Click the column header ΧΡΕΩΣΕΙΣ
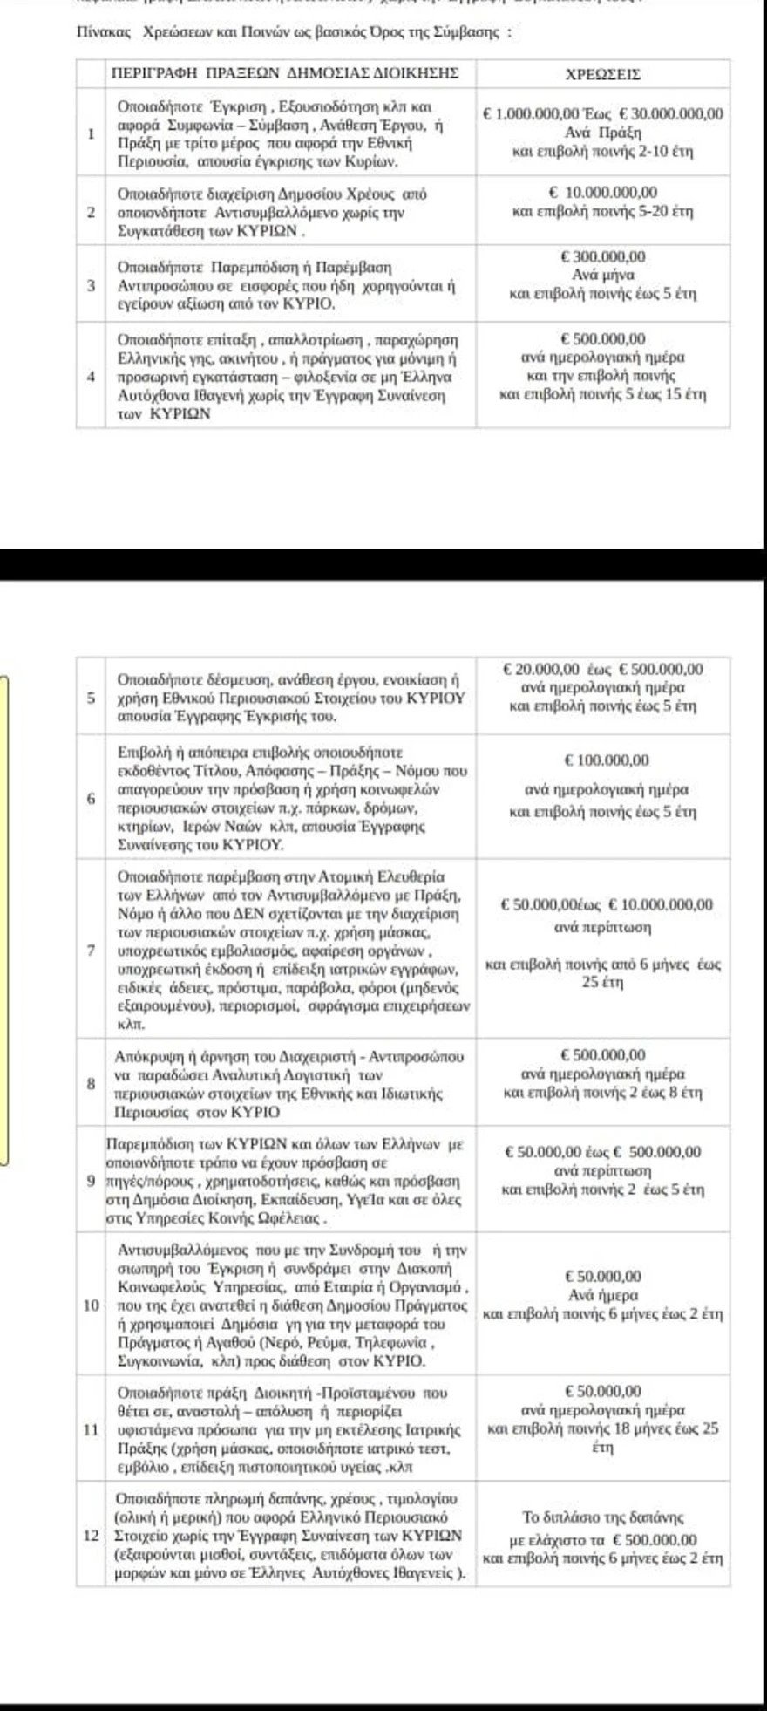coord(603,74)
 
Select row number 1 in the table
coord(92,134)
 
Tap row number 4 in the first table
coord(92,377)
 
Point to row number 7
coord(92,949)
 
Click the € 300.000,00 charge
coord(603,257)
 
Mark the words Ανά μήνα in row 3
coord(603,276)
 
